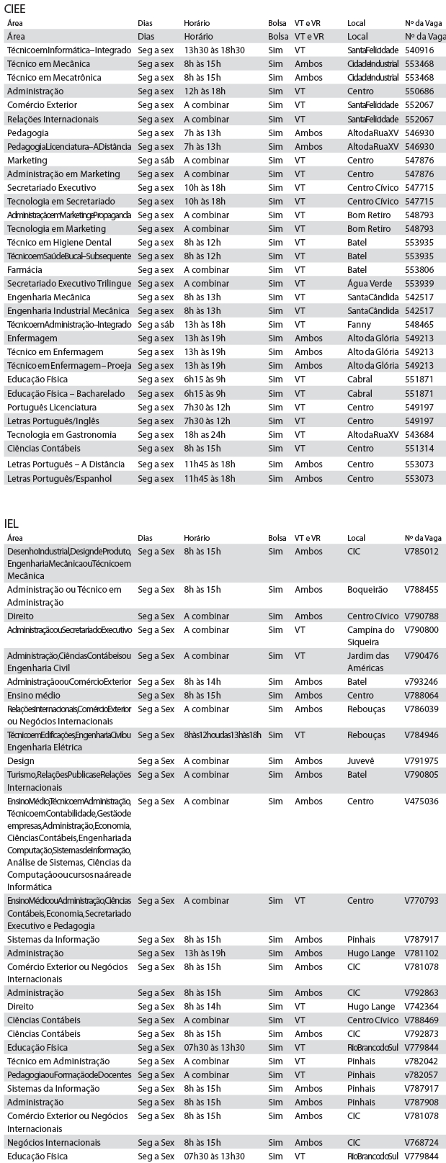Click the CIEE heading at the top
click(x=17, y=8)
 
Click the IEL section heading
click(x=12, y=522)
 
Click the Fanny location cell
click(x=358, y=325)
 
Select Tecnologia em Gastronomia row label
click(x=61, y=435)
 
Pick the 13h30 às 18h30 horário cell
click(x=214, y=50)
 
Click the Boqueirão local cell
click(x=367, y=590)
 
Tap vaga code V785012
click(x=422, y=552)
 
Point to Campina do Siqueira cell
click(x=370, y=636)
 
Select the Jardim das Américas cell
click(x=369, y=662)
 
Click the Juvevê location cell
click(x=362, y=761)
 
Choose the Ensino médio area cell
click(x=34, y=696)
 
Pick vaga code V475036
click(x=422, y=801)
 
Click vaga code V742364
click(x=422, y=1007)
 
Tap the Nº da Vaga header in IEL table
click(x=423, y=538)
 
